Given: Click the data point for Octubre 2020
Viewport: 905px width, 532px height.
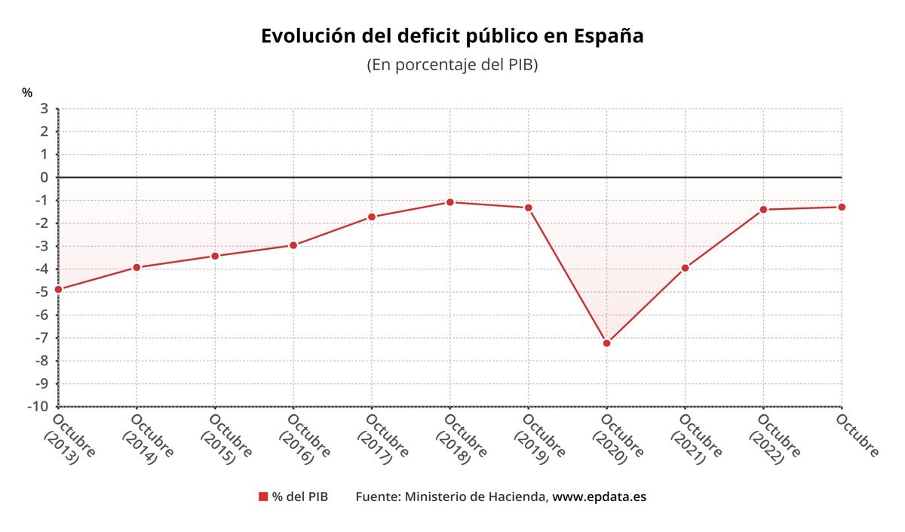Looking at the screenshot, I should (606, 343).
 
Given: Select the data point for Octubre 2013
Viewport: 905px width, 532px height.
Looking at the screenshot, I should (58, 289).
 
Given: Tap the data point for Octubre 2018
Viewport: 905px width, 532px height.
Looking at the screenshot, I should (450, 202).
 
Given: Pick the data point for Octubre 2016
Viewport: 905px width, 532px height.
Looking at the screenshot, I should (293, 245).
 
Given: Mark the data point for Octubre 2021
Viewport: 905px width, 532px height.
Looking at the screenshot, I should (685, 268).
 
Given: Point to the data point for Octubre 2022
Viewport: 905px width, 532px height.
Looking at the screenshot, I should (763, 209).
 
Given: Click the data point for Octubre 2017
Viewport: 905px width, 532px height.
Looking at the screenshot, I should (372, 217).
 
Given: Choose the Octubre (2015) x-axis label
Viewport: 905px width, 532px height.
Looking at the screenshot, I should (224, 438).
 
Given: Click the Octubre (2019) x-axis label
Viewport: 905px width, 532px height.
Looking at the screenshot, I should (538, 438).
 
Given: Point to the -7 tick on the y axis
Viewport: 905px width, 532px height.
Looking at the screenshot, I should (42, 338).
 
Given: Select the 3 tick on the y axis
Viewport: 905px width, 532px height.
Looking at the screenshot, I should (44, 109).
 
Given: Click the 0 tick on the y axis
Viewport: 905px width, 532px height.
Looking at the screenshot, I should (44, 177).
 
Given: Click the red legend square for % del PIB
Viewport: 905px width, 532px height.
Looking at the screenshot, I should (263, 497).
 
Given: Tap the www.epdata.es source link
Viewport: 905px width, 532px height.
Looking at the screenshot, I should (600, 497).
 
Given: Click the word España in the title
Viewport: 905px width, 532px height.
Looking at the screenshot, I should (609, 36).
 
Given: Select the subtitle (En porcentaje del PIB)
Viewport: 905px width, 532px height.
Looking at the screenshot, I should (452, 65).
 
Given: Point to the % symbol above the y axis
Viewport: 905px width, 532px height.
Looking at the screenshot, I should (27, 93).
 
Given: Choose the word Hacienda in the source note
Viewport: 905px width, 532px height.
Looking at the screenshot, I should (519, 497).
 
